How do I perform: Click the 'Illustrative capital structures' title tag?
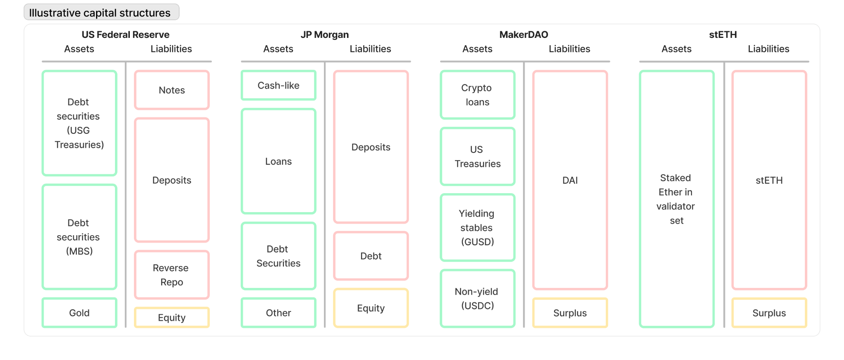[101, 12]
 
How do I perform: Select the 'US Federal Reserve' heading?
[125, 35]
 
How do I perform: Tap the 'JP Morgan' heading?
[325, 35]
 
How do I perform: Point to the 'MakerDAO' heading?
[524, 35]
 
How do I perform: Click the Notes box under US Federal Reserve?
[172, 90]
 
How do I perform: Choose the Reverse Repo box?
[172, 275]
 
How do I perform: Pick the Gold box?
[80, 313]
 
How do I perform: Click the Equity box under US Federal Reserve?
[172, 318]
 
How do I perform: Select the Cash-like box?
[279, 85]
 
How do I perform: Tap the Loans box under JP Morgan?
[279, 161]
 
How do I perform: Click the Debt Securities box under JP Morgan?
[279, 256]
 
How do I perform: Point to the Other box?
[279, 313]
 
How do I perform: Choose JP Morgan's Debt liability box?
[371, 256]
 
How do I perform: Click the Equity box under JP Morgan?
[371, 308]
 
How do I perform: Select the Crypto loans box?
[478, 95]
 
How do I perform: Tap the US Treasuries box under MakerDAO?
[478, 157]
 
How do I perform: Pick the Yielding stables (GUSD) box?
[478, 227]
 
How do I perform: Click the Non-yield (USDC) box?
[478, 299]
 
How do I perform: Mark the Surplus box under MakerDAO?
[570, 313]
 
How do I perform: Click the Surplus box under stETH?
[769, 313]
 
